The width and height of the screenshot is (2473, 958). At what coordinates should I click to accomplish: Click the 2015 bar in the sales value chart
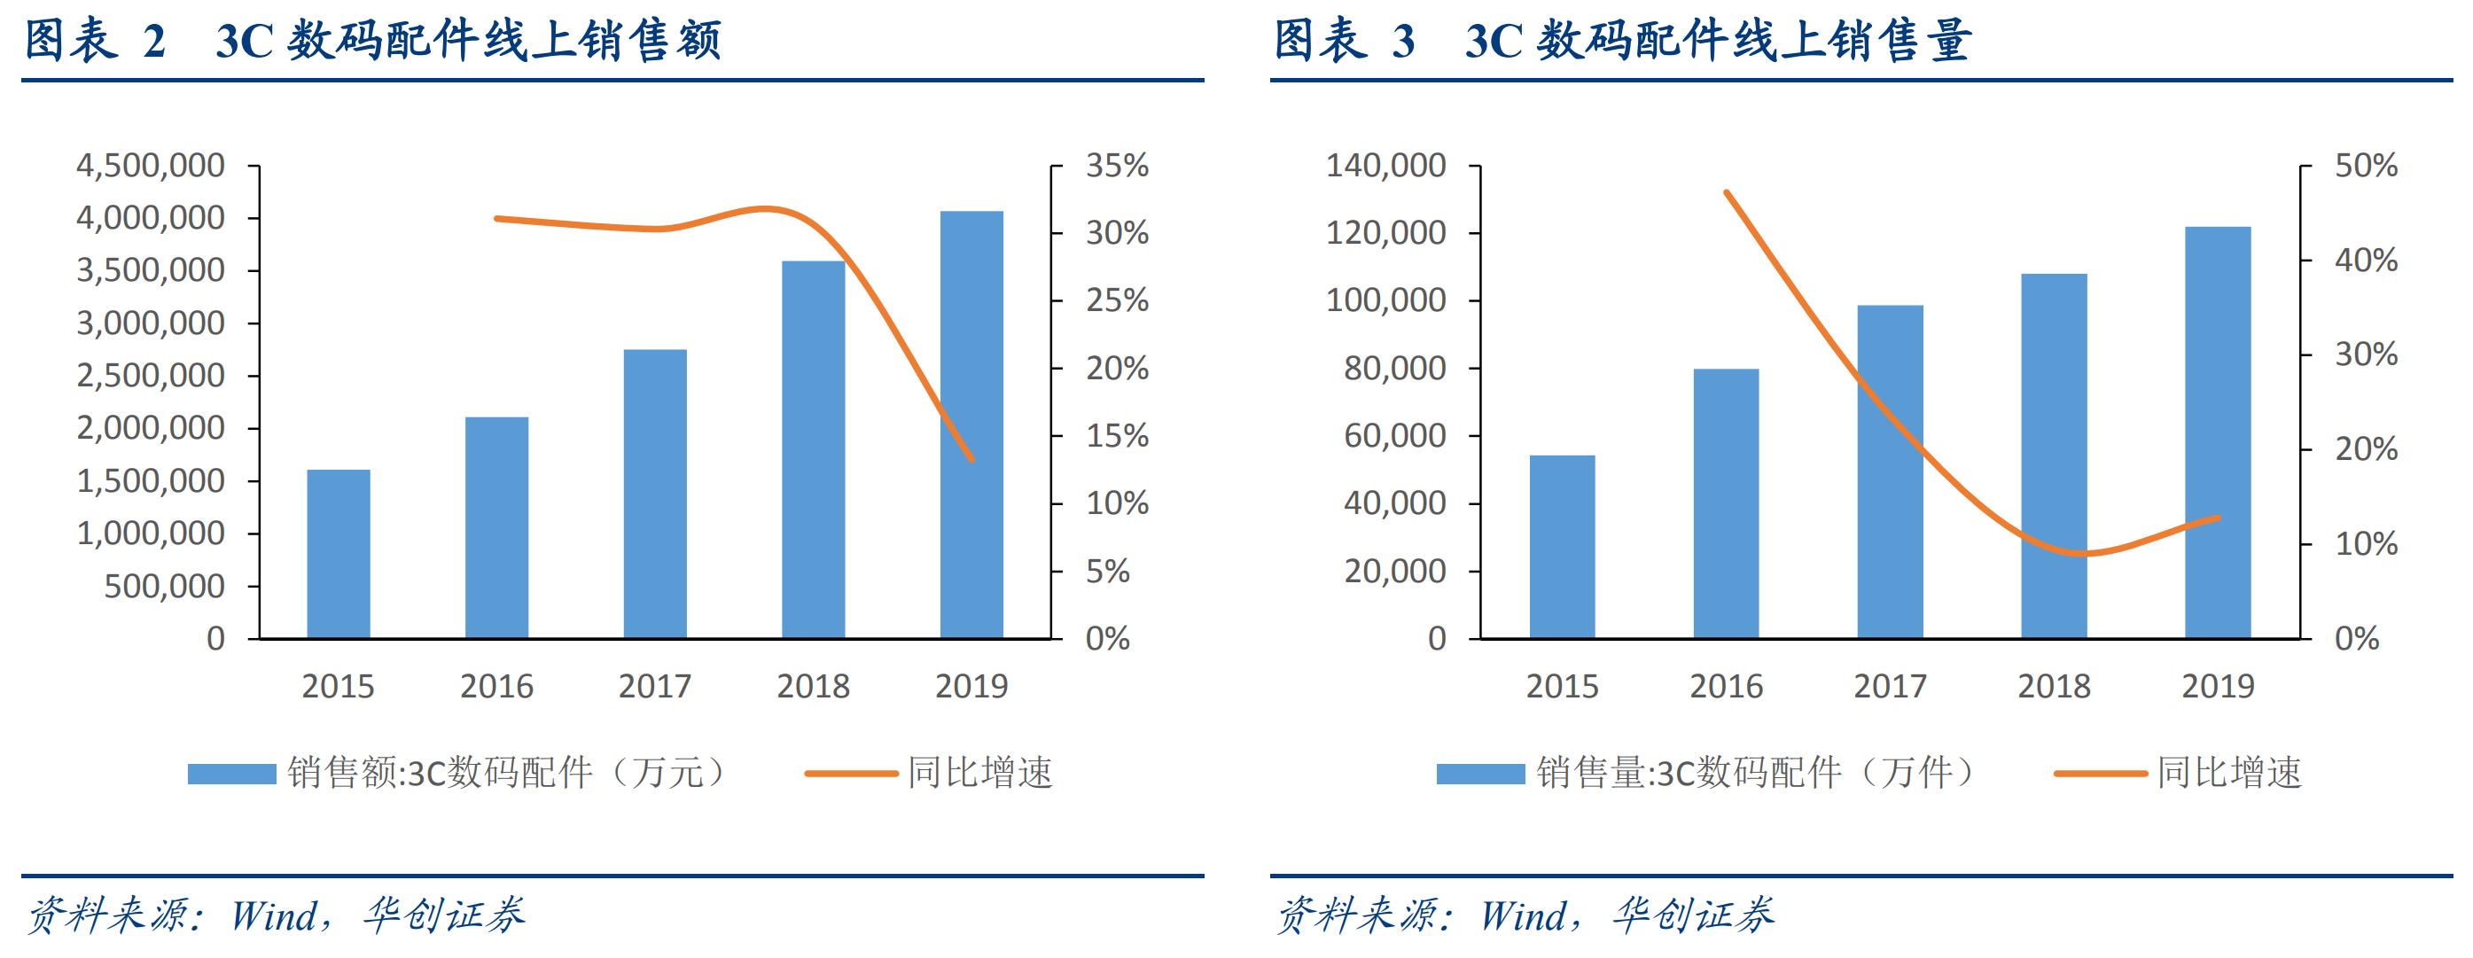coord(338,554)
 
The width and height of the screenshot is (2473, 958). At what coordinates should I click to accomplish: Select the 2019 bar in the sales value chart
coord(971,424)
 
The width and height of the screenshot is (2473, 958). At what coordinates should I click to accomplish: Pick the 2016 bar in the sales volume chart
coord(1725,503)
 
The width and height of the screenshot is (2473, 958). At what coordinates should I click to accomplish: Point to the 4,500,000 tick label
coord(151,166)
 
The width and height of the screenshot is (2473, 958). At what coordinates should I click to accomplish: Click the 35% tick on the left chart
coord(1117,166)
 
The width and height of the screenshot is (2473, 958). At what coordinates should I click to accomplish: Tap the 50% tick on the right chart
coord(2366,166)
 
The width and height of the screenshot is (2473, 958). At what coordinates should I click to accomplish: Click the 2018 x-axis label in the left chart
coord(813,686)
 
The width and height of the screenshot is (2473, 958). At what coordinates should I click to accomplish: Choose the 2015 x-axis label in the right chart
coord(1562,686)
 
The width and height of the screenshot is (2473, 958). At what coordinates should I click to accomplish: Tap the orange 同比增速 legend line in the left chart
coord(851,774)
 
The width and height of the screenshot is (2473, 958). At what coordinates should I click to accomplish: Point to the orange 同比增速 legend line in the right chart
coord(2100,774)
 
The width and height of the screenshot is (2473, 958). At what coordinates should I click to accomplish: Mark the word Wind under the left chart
coord(275,915)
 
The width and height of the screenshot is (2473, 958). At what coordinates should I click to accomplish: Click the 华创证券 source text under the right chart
coord(1694,915)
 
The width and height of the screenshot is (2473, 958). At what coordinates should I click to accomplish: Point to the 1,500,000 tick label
coord(151,481)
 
